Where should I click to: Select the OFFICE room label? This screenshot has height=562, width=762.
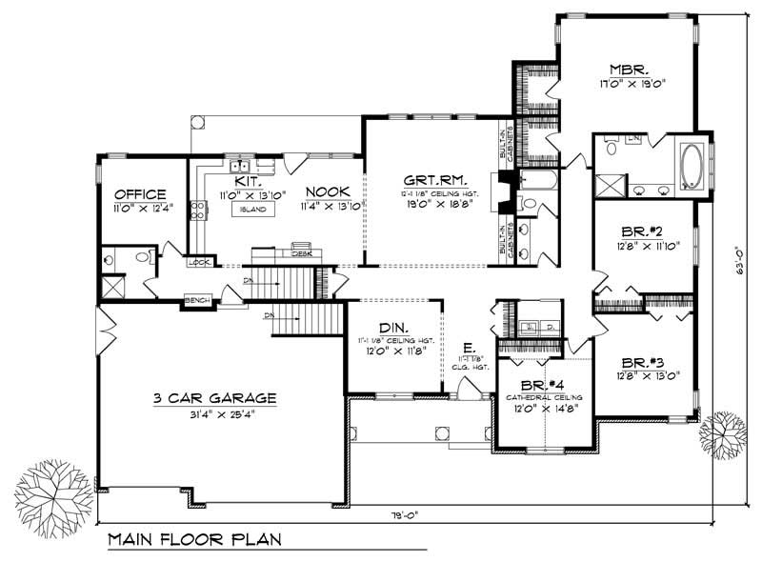pyautogui.click(x=139, y=193)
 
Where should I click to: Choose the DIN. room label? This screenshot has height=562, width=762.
pyautogui.click(x=392, y=325)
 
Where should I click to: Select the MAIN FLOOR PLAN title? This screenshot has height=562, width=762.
pyautogui.click(x=193, y=540)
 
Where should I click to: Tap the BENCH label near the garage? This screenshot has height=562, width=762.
pyautogui.click(x=196, y=301)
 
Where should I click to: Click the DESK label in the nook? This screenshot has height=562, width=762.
pyautogui.click(x=302, y=254)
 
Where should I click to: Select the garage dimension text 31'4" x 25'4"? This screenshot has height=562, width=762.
pyautogui.click(x=215, y=412)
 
